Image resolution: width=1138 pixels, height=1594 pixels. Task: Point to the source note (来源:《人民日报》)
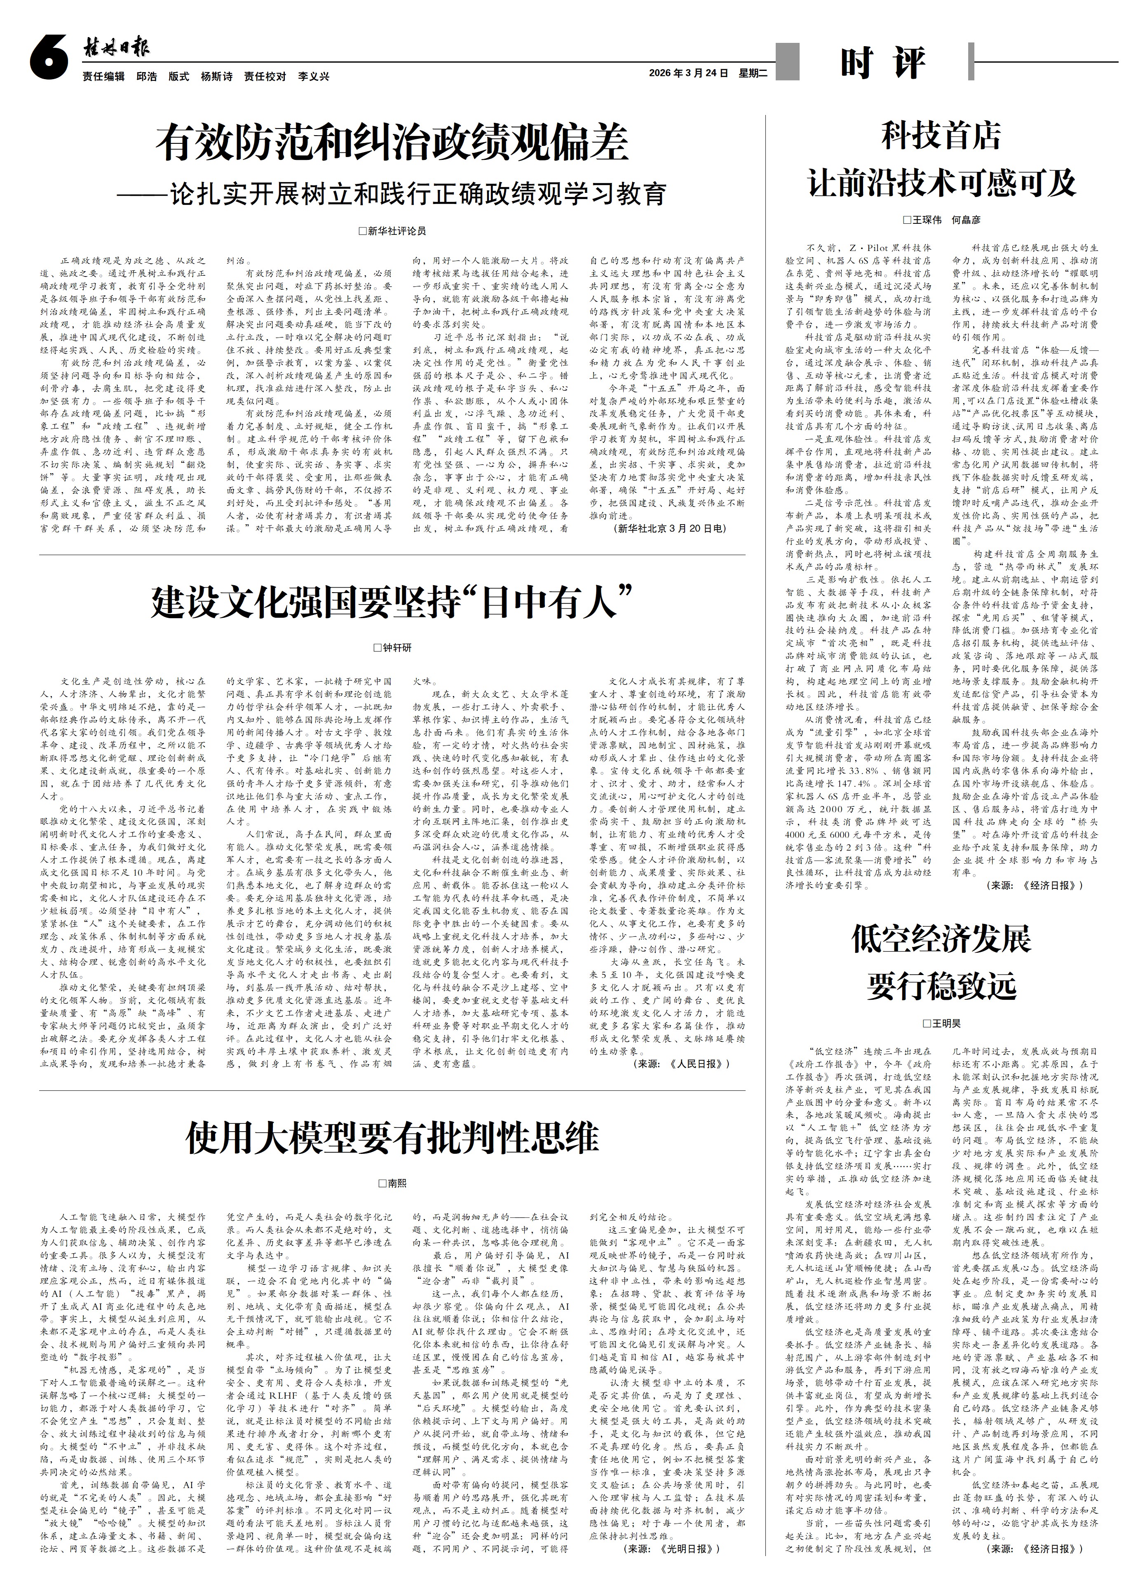(682, 1063)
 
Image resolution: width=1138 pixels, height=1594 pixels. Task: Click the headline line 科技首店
(941, 137)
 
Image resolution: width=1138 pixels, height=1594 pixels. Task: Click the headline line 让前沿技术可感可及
(941, 183)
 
